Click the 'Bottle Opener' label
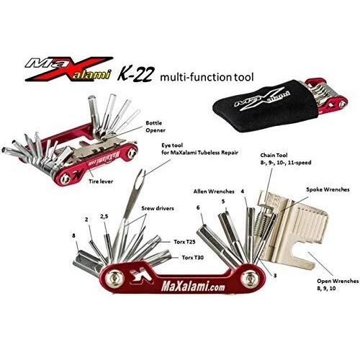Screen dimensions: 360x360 pyautogui.click(x=156, y=127)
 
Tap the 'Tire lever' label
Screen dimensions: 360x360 pyautogui.click(x=101, y=181)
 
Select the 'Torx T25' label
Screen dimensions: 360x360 pyautogui.click(x=184, y=242)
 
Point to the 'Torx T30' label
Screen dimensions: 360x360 pyautogui.click(x=193, y=258)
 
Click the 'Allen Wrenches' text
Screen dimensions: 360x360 pyautogui.click(x=214, y=192)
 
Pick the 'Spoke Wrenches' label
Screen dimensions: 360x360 pyautogui.click(x=328, y=189)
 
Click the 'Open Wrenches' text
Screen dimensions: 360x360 pyautogui.click(x=338, y=281)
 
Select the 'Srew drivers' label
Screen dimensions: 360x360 pyautogui.click(x=158, y=208)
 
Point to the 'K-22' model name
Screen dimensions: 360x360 pyautogui.click(x=135, y=75)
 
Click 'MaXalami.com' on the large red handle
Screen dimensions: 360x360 pyautogui.click(x=194, y=287)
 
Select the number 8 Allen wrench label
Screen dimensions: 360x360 pyautogui.click(x=73, y=235)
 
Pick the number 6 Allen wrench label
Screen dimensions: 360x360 pyautogui.click(x=198, y=207)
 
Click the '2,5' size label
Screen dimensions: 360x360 pyautogui.click(x=104, y=217)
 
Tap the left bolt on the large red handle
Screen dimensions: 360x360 pyautogui.click(x=115, y=279)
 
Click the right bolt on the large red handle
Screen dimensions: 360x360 pyautogui.click(x=250, y=278)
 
